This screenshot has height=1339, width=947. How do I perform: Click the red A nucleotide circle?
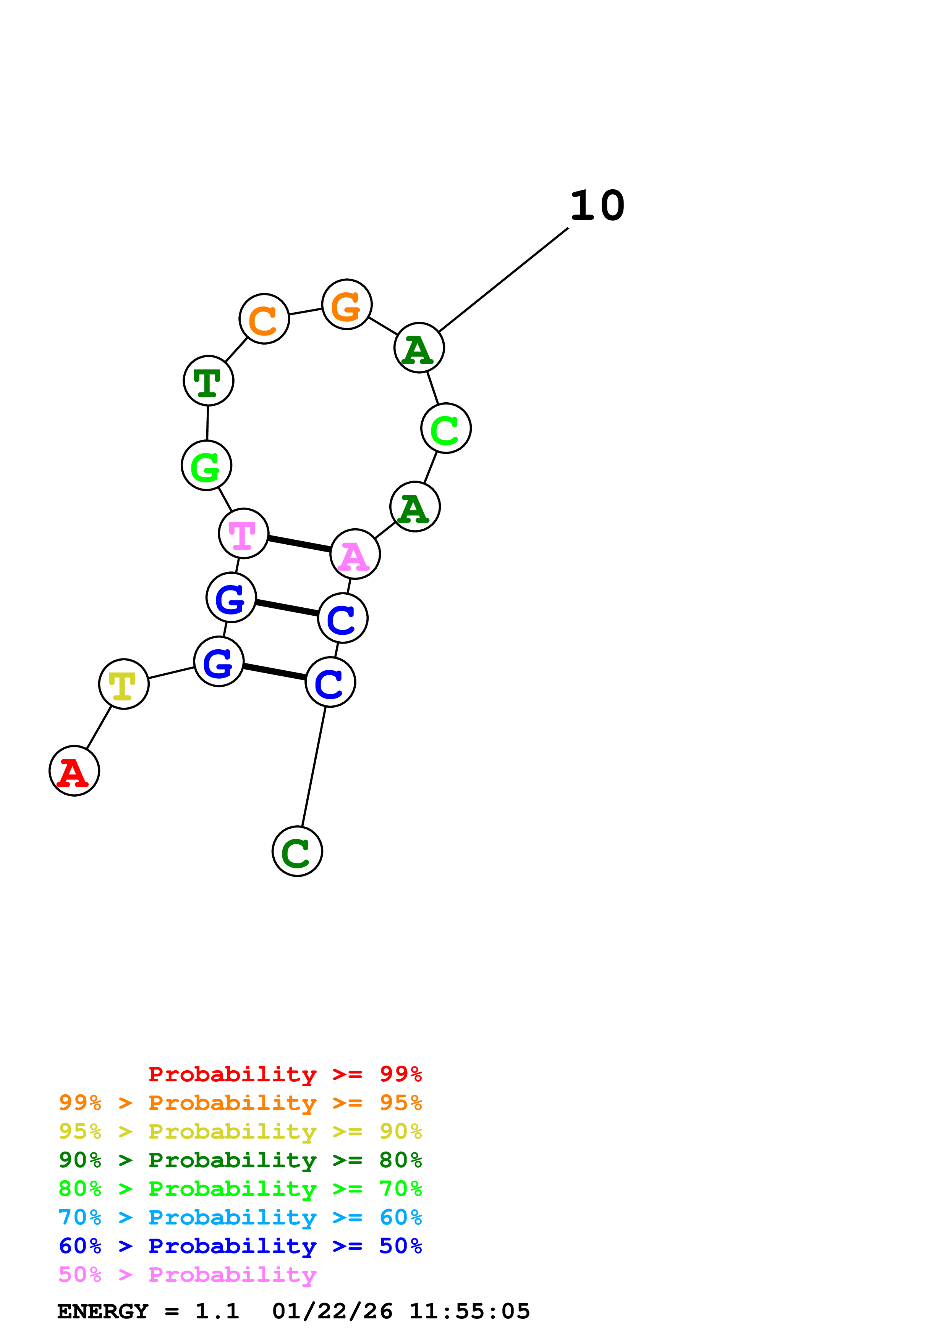click(x=74, y=770)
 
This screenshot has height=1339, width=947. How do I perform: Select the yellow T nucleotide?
click(x=124, y=684)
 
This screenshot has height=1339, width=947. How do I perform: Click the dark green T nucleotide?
click(x=208, y=380)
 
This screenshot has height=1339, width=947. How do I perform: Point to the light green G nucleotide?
click(x=207, y=465)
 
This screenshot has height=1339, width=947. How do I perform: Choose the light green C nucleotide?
click(x=446, y=428)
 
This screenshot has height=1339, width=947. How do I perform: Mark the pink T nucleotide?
click(x=243, y=533)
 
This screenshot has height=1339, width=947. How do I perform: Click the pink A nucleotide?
click(x=355, y=554)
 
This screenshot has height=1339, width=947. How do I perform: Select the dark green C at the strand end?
click(x=297, y=851)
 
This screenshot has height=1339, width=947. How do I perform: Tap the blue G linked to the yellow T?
click(x=219, y=661)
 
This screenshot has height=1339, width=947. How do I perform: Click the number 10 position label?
click(x=597, y=206)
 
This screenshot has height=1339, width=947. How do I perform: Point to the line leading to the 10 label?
click(x=503, y=279)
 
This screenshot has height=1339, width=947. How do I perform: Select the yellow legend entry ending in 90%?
click(x=240, y=1131)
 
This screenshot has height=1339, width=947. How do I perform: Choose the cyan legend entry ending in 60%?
click(x=240, y=1217)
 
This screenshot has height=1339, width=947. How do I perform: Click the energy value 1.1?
click(x=217, y=1311)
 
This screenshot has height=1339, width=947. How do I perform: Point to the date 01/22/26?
click(x=332, y=1311)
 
